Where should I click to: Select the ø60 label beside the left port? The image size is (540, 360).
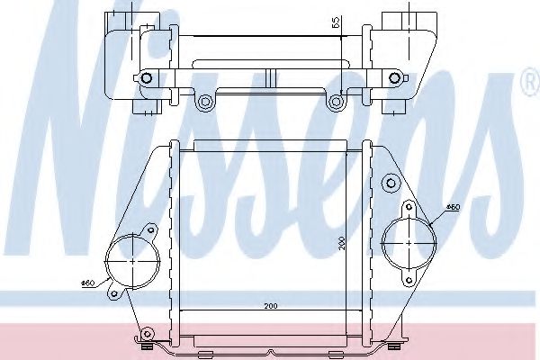[88, 285]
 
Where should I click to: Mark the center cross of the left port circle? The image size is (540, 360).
[132, 261]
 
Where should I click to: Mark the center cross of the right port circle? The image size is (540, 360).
[409, 241]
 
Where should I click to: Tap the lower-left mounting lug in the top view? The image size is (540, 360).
[205, 102]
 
